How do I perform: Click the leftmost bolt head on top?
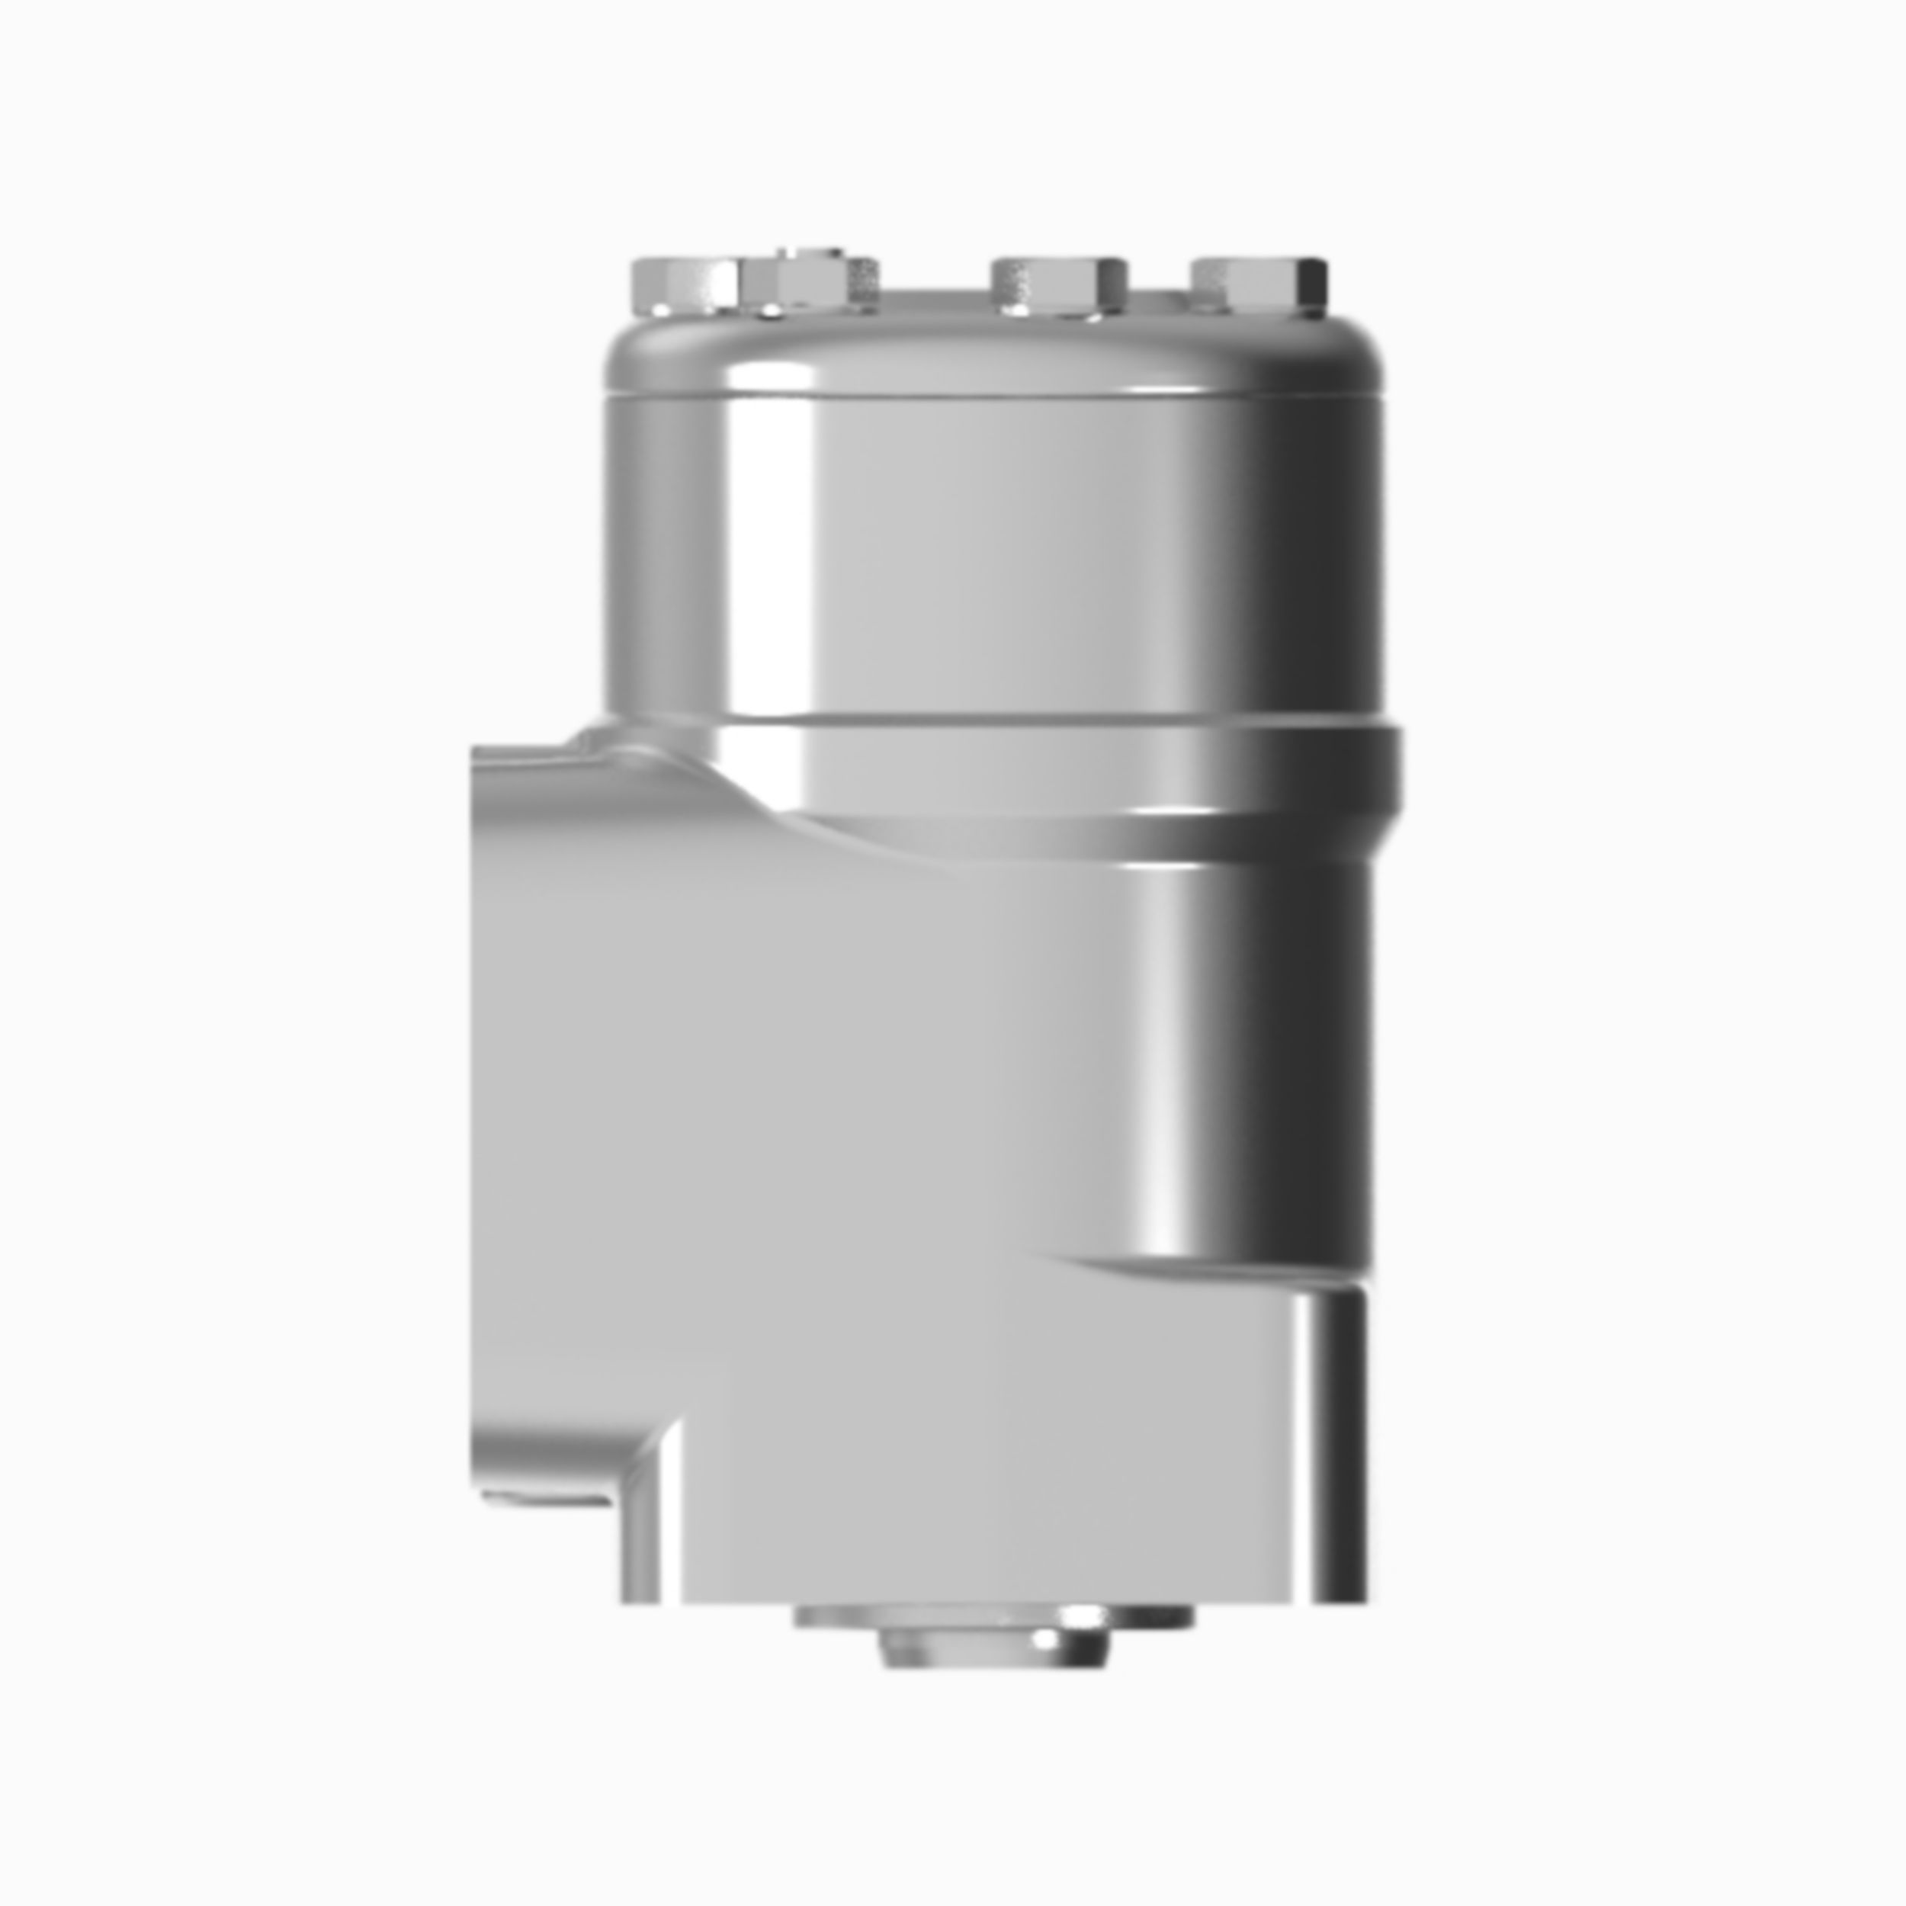click(684, 285)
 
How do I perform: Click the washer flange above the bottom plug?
click(993, 1617)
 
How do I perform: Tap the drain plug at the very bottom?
click(993, 1647)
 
